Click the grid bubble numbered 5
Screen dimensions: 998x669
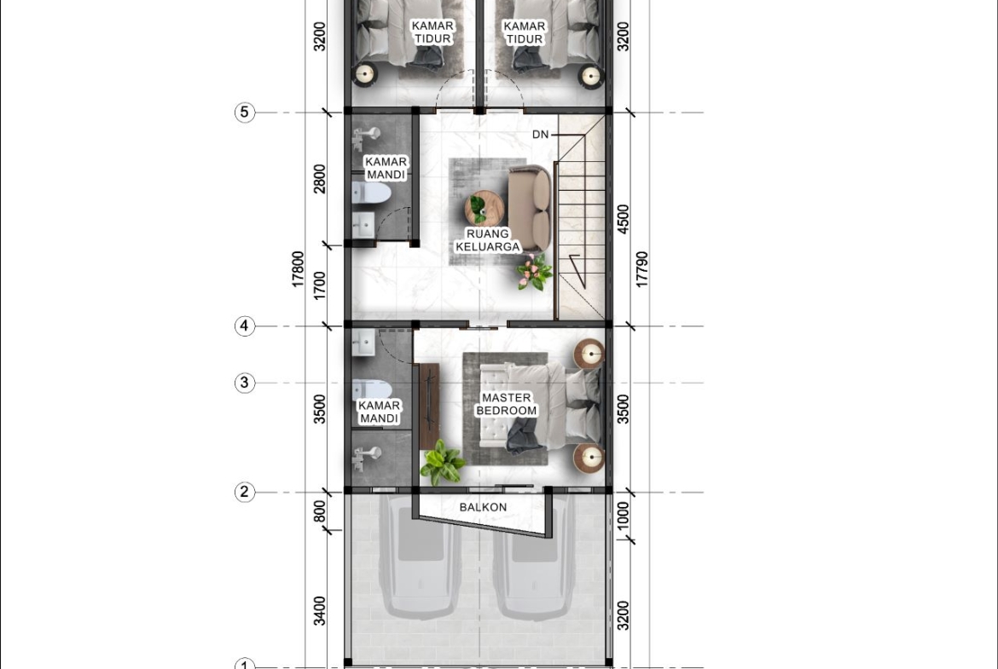pos(245,112)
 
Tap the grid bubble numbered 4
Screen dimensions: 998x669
pos(245,326)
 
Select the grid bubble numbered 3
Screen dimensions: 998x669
pos(245,383)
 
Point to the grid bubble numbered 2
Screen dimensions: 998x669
pos(245,493)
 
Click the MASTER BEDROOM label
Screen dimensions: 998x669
pos(507,405)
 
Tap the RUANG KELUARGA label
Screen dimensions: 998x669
pos(488,240)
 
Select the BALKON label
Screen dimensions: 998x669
pos(483,507)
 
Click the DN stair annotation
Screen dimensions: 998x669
pos(541,134)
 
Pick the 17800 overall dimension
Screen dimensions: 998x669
pos(298,269)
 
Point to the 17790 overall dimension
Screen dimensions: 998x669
pos(642,269)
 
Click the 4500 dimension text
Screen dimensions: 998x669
pos(624,219)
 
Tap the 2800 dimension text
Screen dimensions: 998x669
pos(320,179)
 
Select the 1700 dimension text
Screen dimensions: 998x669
pos(320,285)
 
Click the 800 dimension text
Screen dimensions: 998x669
pos(320,511)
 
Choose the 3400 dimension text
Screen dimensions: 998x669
pos(320,610)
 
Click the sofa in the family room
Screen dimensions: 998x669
pos(530,208)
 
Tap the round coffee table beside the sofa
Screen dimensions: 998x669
pos(484,208)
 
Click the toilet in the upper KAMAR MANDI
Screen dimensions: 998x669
pos(371,193)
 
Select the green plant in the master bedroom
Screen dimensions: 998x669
pos(443,462)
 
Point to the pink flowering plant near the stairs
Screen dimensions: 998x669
pos(534,272)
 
